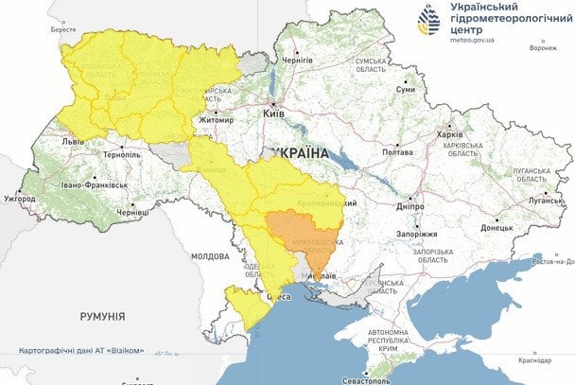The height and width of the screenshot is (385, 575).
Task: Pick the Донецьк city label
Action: click(497, 227)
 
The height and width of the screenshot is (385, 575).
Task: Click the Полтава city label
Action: click(397, 150)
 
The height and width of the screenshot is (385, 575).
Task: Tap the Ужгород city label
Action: click(19, 199)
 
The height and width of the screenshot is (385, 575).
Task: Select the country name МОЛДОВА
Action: click(209, 256)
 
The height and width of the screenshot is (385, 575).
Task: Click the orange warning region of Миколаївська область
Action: click(303, 236)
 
